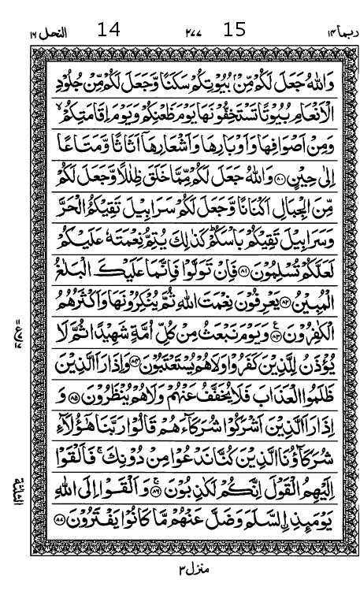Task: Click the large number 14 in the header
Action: pyautogui.click(x=109, y=31)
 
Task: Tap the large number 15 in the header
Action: pyautogui.click(x=235, y=31)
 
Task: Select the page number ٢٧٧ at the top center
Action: pyautogui.click(x=192, y=32)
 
